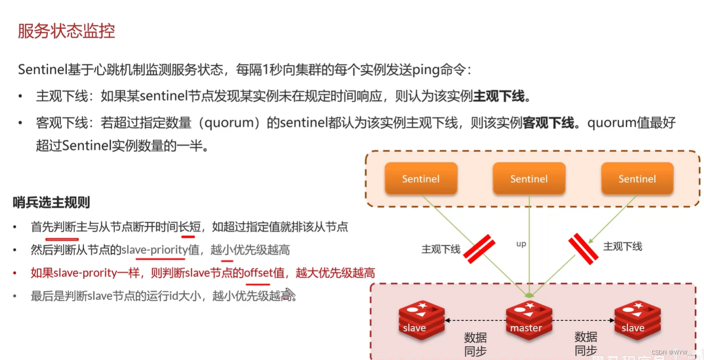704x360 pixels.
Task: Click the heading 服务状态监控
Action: point(66,31)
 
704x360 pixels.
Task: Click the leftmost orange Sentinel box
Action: point(421,178)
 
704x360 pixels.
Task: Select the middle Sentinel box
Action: point(529,178)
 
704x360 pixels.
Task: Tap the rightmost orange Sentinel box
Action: point(637,178)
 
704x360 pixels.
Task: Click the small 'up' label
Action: point(521,244)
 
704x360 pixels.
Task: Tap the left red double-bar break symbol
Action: point(479,249)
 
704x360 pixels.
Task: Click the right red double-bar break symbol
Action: point(583,249)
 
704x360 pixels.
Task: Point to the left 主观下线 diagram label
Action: point(441,249)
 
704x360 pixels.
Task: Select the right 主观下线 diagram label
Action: point(623,246)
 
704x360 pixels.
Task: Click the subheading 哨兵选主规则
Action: point(51,203)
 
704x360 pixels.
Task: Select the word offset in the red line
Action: point(257,273)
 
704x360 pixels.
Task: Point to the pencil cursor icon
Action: point(290,294)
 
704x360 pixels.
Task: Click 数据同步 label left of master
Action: point(475,344)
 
